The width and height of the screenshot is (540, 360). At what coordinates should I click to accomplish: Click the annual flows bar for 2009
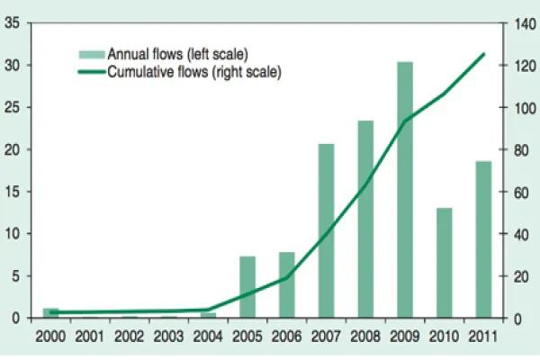(405, 190)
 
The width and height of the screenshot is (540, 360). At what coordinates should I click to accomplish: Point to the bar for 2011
(483, 239)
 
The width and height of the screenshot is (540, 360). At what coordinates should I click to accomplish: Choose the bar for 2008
(365, 220)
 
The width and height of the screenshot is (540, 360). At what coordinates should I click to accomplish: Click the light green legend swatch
(90, 54)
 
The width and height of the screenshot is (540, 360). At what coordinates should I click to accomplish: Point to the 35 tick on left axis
(13, 24)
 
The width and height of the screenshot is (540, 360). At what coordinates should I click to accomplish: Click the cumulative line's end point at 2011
(483, 54)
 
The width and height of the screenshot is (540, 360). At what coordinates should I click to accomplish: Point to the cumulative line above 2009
(405, 121)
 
